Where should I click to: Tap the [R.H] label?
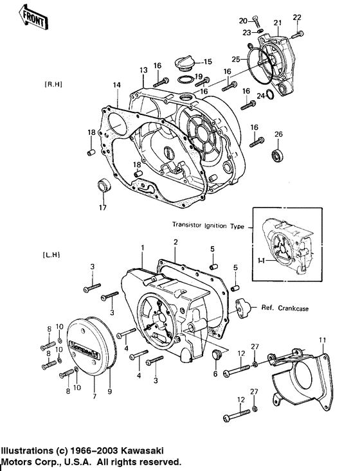pyautogui.click(x=35, y=85)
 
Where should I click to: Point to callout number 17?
pyautogui.click(x=102, y=208)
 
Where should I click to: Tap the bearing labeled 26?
pyautogui.click(x=277, y=155)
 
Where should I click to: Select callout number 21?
pyautogui.click(x=278, y=23)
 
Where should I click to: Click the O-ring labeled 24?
pyautogui.click(x=270, y=96)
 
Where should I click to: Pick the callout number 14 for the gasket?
pyautogui.click(x=116, y=85)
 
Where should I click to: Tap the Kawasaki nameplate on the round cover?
pyautogui.click(x=85, y=351)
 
